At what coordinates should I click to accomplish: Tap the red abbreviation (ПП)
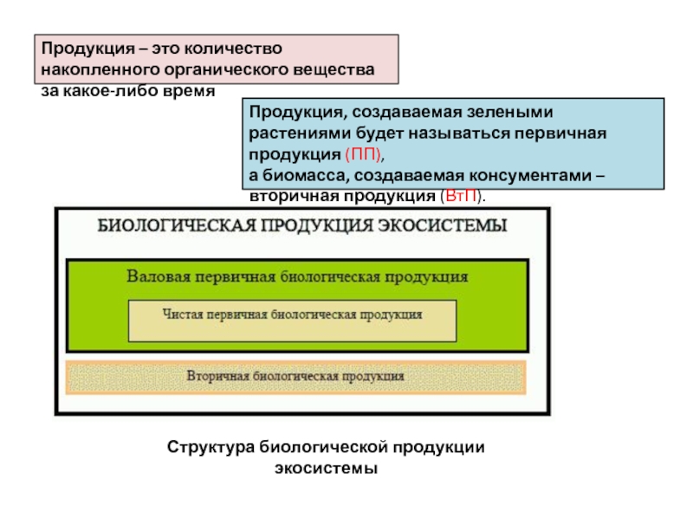click(363, 155)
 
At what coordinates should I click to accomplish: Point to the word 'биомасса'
click(304, 176)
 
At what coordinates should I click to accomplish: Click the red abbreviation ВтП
click(462, 196)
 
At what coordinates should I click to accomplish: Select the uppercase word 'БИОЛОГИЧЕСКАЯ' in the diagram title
click(177, 225)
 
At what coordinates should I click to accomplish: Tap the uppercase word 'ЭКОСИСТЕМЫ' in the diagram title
click(443, 225)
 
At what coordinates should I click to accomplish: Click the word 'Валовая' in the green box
click(159, 276)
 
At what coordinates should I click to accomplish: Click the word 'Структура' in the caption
click(210, 447)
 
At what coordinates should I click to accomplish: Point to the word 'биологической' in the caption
click(323, 447)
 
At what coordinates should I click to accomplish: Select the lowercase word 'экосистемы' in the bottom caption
click(327, 468)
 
